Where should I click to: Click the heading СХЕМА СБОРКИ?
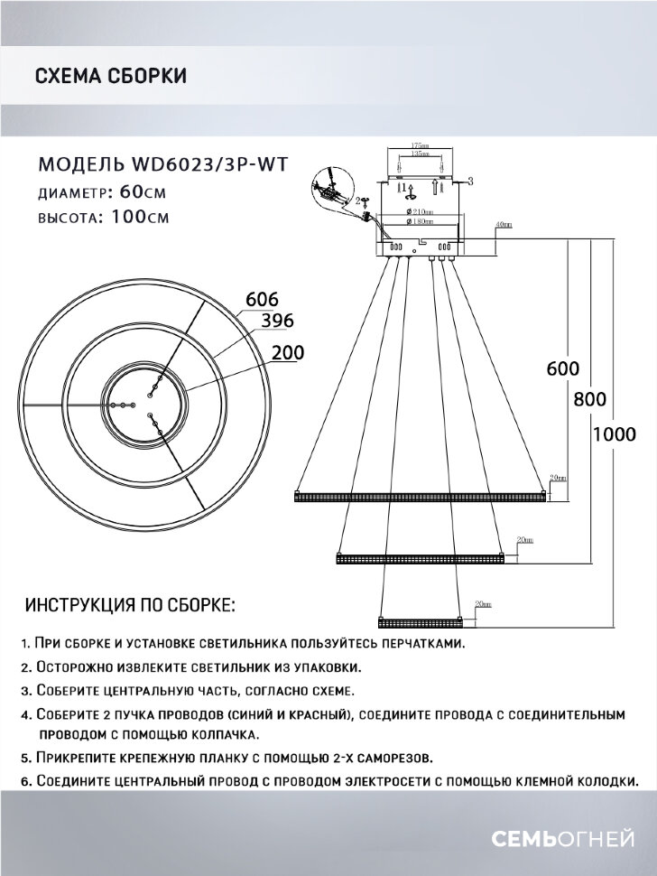(x=111, y=76)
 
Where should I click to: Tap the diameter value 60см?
(x=143, y=192)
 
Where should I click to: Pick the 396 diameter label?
(x=277, y=321)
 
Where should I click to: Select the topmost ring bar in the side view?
(x=421, y=495)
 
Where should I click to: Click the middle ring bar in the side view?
(x=421, y=560)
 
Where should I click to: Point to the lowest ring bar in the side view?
(x=421, y=622)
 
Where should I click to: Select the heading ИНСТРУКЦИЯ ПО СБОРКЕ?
(x=131, y=603)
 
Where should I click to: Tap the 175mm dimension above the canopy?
(x=418, y=144)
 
